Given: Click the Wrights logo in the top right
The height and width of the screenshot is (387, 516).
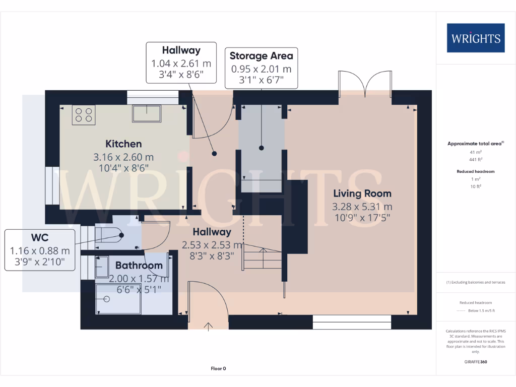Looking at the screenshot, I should point(476,38).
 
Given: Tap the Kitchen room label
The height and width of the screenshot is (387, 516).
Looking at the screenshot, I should point(123,144).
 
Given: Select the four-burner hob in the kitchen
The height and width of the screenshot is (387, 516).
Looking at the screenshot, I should point(84,115).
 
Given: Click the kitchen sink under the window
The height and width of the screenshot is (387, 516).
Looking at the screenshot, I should point(147,113).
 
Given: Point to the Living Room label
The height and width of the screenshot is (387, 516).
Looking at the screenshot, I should point(362,193).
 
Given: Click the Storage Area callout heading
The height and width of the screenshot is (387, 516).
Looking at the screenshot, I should point(261,56).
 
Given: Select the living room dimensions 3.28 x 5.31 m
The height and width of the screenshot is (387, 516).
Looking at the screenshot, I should point(362,206).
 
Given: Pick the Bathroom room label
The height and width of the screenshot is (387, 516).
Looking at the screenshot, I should point(139,265).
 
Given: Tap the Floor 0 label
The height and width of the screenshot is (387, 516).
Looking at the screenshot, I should point(218,368).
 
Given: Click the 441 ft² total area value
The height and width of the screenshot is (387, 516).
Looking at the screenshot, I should point(476,159).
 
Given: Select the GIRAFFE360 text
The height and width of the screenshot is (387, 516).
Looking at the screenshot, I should point(476,362).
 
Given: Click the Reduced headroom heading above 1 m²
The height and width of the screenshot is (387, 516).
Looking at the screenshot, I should point(476,171).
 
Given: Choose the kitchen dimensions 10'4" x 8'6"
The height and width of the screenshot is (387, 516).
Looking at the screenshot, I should point(123,167).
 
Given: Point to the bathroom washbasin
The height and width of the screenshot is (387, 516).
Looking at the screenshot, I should point(102,266).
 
